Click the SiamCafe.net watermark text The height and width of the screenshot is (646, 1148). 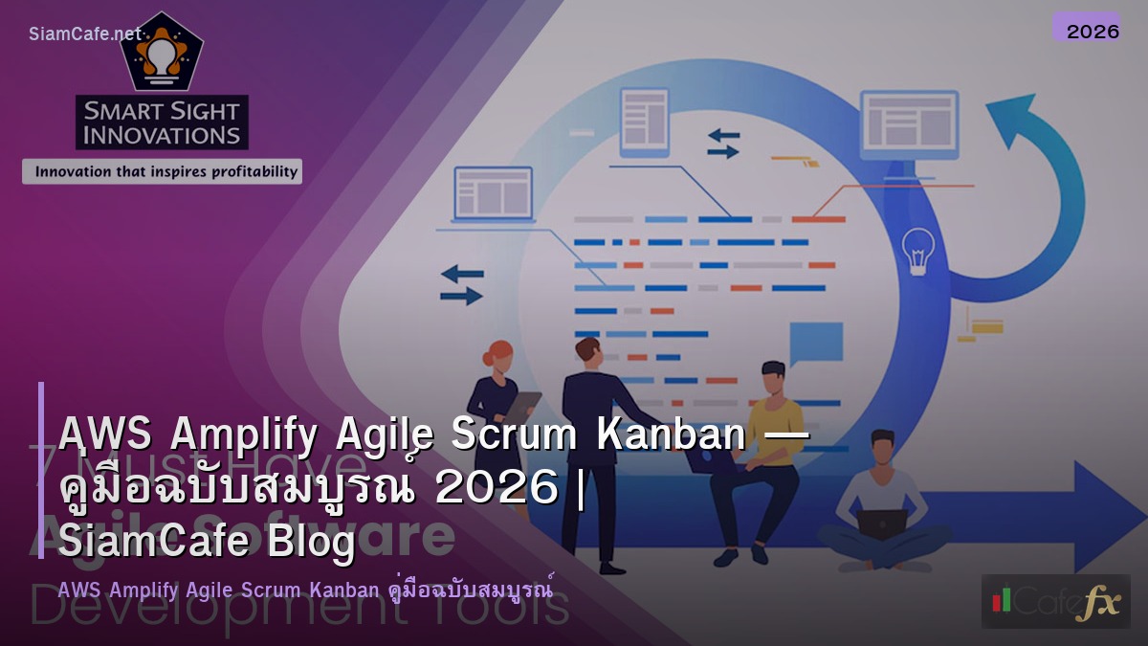click(x=84, y=34)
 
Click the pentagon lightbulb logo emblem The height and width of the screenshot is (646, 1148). click(x=161, y=53)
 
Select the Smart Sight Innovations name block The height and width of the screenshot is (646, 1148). click(x=162, y=123)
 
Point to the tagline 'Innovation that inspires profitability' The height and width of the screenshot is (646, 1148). click(x=162, y=172)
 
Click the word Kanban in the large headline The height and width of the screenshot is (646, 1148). click(x=670, y=436)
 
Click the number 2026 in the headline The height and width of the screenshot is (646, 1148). click(x=496, y=489)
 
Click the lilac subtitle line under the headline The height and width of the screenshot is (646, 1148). click(x=306, y=590)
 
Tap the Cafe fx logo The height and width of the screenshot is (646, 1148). click(x=1055, y=601)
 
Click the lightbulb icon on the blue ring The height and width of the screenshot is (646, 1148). click(x=918, y=250)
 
